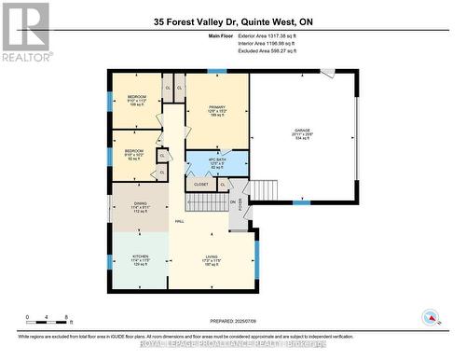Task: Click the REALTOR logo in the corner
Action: (25, 30)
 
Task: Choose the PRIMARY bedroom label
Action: (217, 109)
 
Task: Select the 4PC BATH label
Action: (216, 162)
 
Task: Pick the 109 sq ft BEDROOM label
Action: (136, 100)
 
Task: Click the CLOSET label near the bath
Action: (200, 185)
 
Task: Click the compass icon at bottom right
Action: (430, 316)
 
